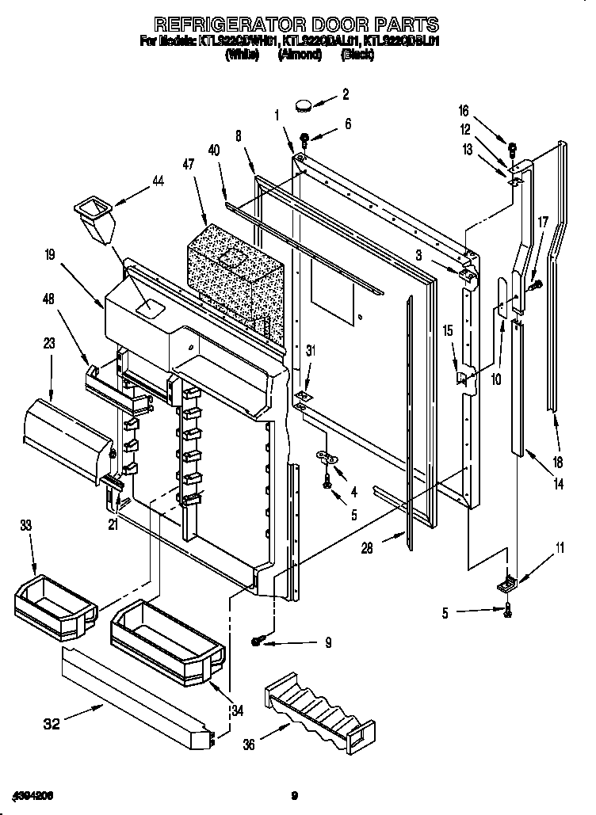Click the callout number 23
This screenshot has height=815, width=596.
click(x=48, y=345)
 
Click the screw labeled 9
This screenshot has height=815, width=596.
click(x=258, y=640)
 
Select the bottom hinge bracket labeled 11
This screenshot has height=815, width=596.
click(x=506, y=585)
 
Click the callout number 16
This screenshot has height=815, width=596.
click(x=464, y=111)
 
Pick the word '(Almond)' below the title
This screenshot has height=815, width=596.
click(x=300, y=55)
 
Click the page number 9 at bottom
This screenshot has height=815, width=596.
click(x=294, y=795)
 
